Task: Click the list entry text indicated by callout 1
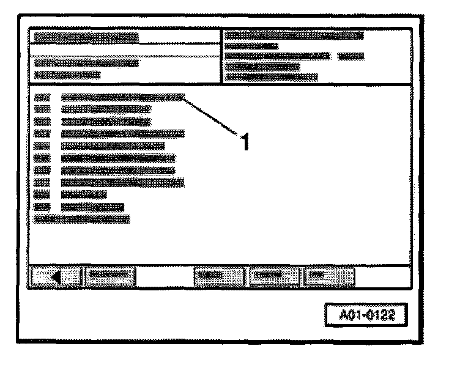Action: [x=122, y=97]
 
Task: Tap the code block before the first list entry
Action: [x=42, y=97]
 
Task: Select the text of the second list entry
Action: [x=106, y=109]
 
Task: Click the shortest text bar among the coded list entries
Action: [x=84, y=194]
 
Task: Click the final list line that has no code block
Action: [x=81, y=218]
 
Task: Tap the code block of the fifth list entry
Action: [x=42, y=145]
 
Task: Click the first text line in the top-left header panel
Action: [x=86, y=37]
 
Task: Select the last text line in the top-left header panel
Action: [x=67, y=75]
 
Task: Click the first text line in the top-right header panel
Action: [x=294, y=35]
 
